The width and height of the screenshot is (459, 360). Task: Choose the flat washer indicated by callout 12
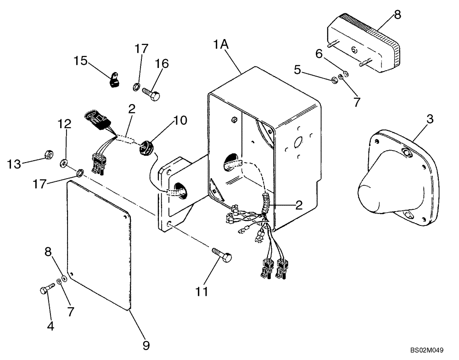(x=63, y=162)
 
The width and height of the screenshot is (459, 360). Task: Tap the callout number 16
(x=162, y=64)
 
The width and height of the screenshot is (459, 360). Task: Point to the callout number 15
(x=81, y=61)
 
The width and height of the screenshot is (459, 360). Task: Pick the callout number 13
(x=14, y=164)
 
